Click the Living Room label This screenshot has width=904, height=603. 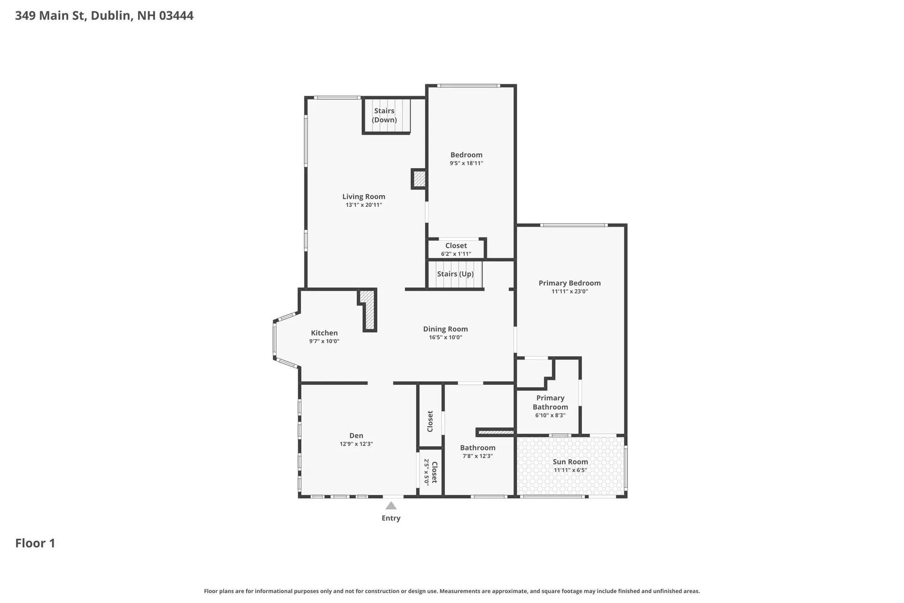pos(363,196)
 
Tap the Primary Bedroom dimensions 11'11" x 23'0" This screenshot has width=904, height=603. pos(570,292)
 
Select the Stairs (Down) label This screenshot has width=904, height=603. pos(384,115)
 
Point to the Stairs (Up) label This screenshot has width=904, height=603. pos(455,274)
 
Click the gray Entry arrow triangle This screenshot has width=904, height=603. pos(391,506)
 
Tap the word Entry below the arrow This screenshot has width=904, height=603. pos(391,518)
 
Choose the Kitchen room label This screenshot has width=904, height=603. pos(324,333)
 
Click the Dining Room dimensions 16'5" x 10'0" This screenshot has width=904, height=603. pos(445,337)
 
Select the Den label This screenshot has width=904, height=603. pos(356,436)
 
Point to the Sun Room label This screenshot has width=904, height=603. pos(570,462)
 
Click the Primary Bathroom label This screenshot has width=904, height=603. pos(550,402)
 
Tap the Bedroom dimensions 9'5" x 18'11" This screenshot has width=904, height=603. pos(467,163)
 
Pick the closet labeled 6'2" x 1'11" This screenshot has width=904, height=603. pos(456,249)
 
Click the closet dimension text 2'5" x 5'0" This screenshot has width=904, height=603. pos(427,472)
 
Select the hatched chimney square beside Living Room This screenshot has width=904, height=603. pos(419,179)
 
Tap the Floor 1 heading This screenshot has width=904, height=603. pos(35,543)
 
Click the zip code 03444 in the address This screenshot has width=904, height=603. pos(176,16)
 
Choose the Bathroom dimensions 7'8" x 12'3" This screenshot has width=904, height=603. pos(478,456)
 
